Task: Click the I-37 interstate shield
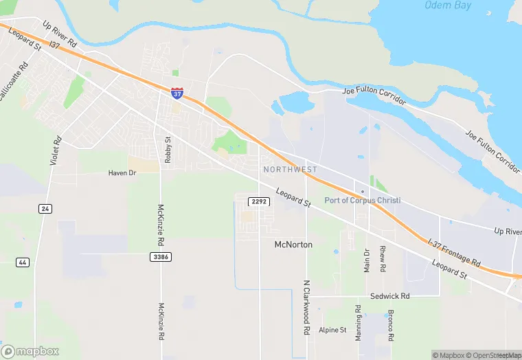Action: click(x=177, y=93)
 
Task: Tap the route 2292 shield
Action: click(x=259, y=201)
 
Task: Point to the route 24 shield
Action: click(x=45, y=209)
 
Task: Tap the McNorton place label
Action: click(x=293, y=245)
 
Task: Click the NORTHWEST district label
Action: click(x=291, y=169)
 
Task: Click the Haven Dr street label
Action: click(x=123, y=173)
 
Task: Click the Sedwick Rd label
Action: click(x=389, y=296)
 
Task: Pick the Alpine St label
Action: click(x=332, y=330)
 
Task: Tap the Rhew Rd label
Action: click(x=383, y=258)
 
